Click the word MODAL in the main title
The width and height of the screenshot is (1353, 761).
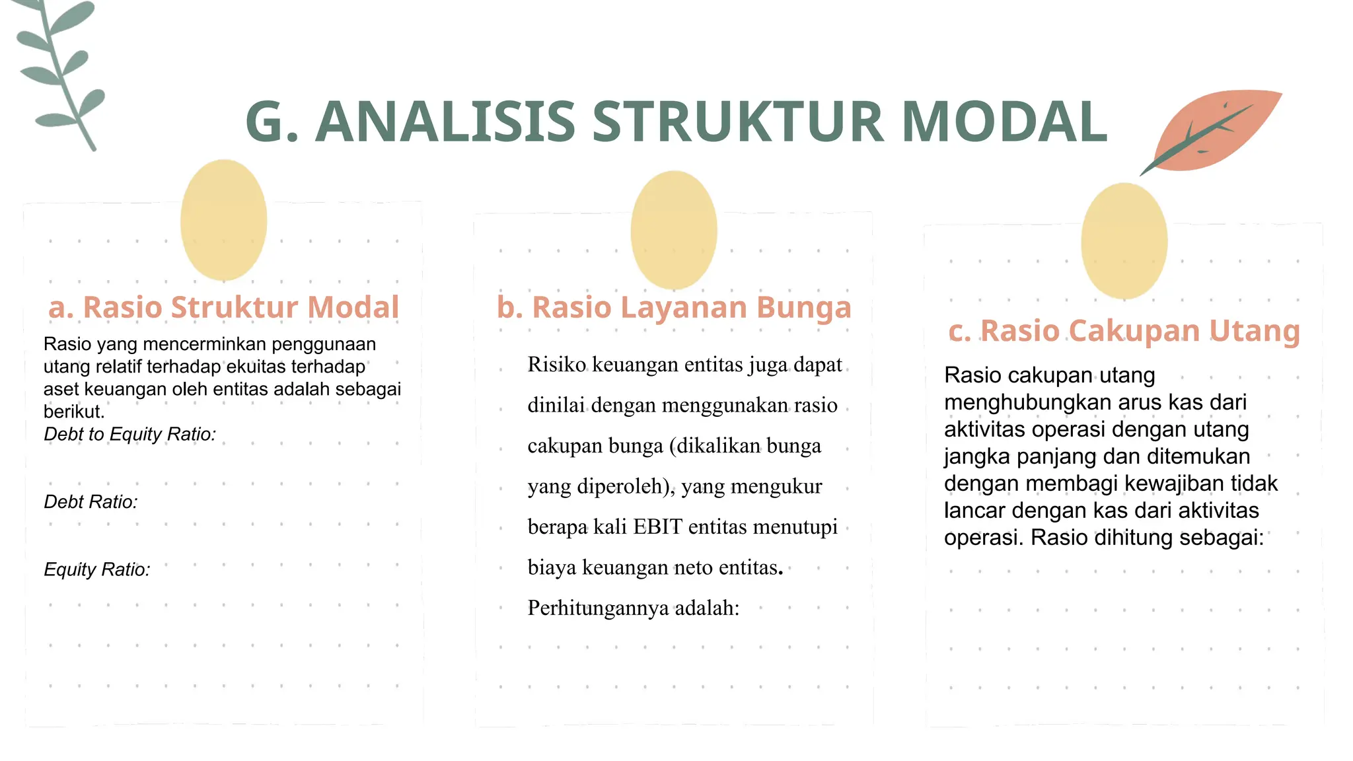point(1004,122)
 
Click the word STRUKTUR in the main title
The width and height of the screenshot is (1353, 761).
point(737,122)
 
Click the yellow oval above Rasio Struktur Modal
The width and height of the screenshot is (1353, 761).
point(223,220)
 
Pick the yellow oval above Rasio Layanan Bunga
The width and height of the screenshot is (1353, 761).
point(673,230)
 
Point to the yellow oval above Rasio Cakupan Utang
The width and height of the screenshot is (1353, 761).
point(1124,241)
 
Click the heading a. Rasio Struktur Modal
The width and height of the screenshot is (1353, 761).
point(224,307)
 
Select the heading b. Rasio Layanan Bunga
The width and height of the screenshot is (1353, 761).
point(674,307)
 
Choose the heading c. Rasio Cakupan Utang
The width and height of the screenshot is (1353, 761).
point(1124,330)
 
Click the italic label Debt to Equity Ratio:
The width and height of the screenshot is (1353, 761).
point(130,434)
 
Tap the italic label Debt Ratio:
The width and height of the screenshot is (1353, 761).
point(91,502)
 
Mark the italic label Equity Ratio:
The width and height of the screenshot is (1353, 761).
point(97,569)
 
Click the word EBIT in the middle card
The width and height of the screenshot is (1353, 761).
point(657,527)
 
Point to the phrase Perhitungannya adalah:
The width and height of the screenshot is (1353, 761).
point(633,608)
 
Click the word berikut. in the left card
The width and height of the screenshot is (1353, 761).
point(74,412)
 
